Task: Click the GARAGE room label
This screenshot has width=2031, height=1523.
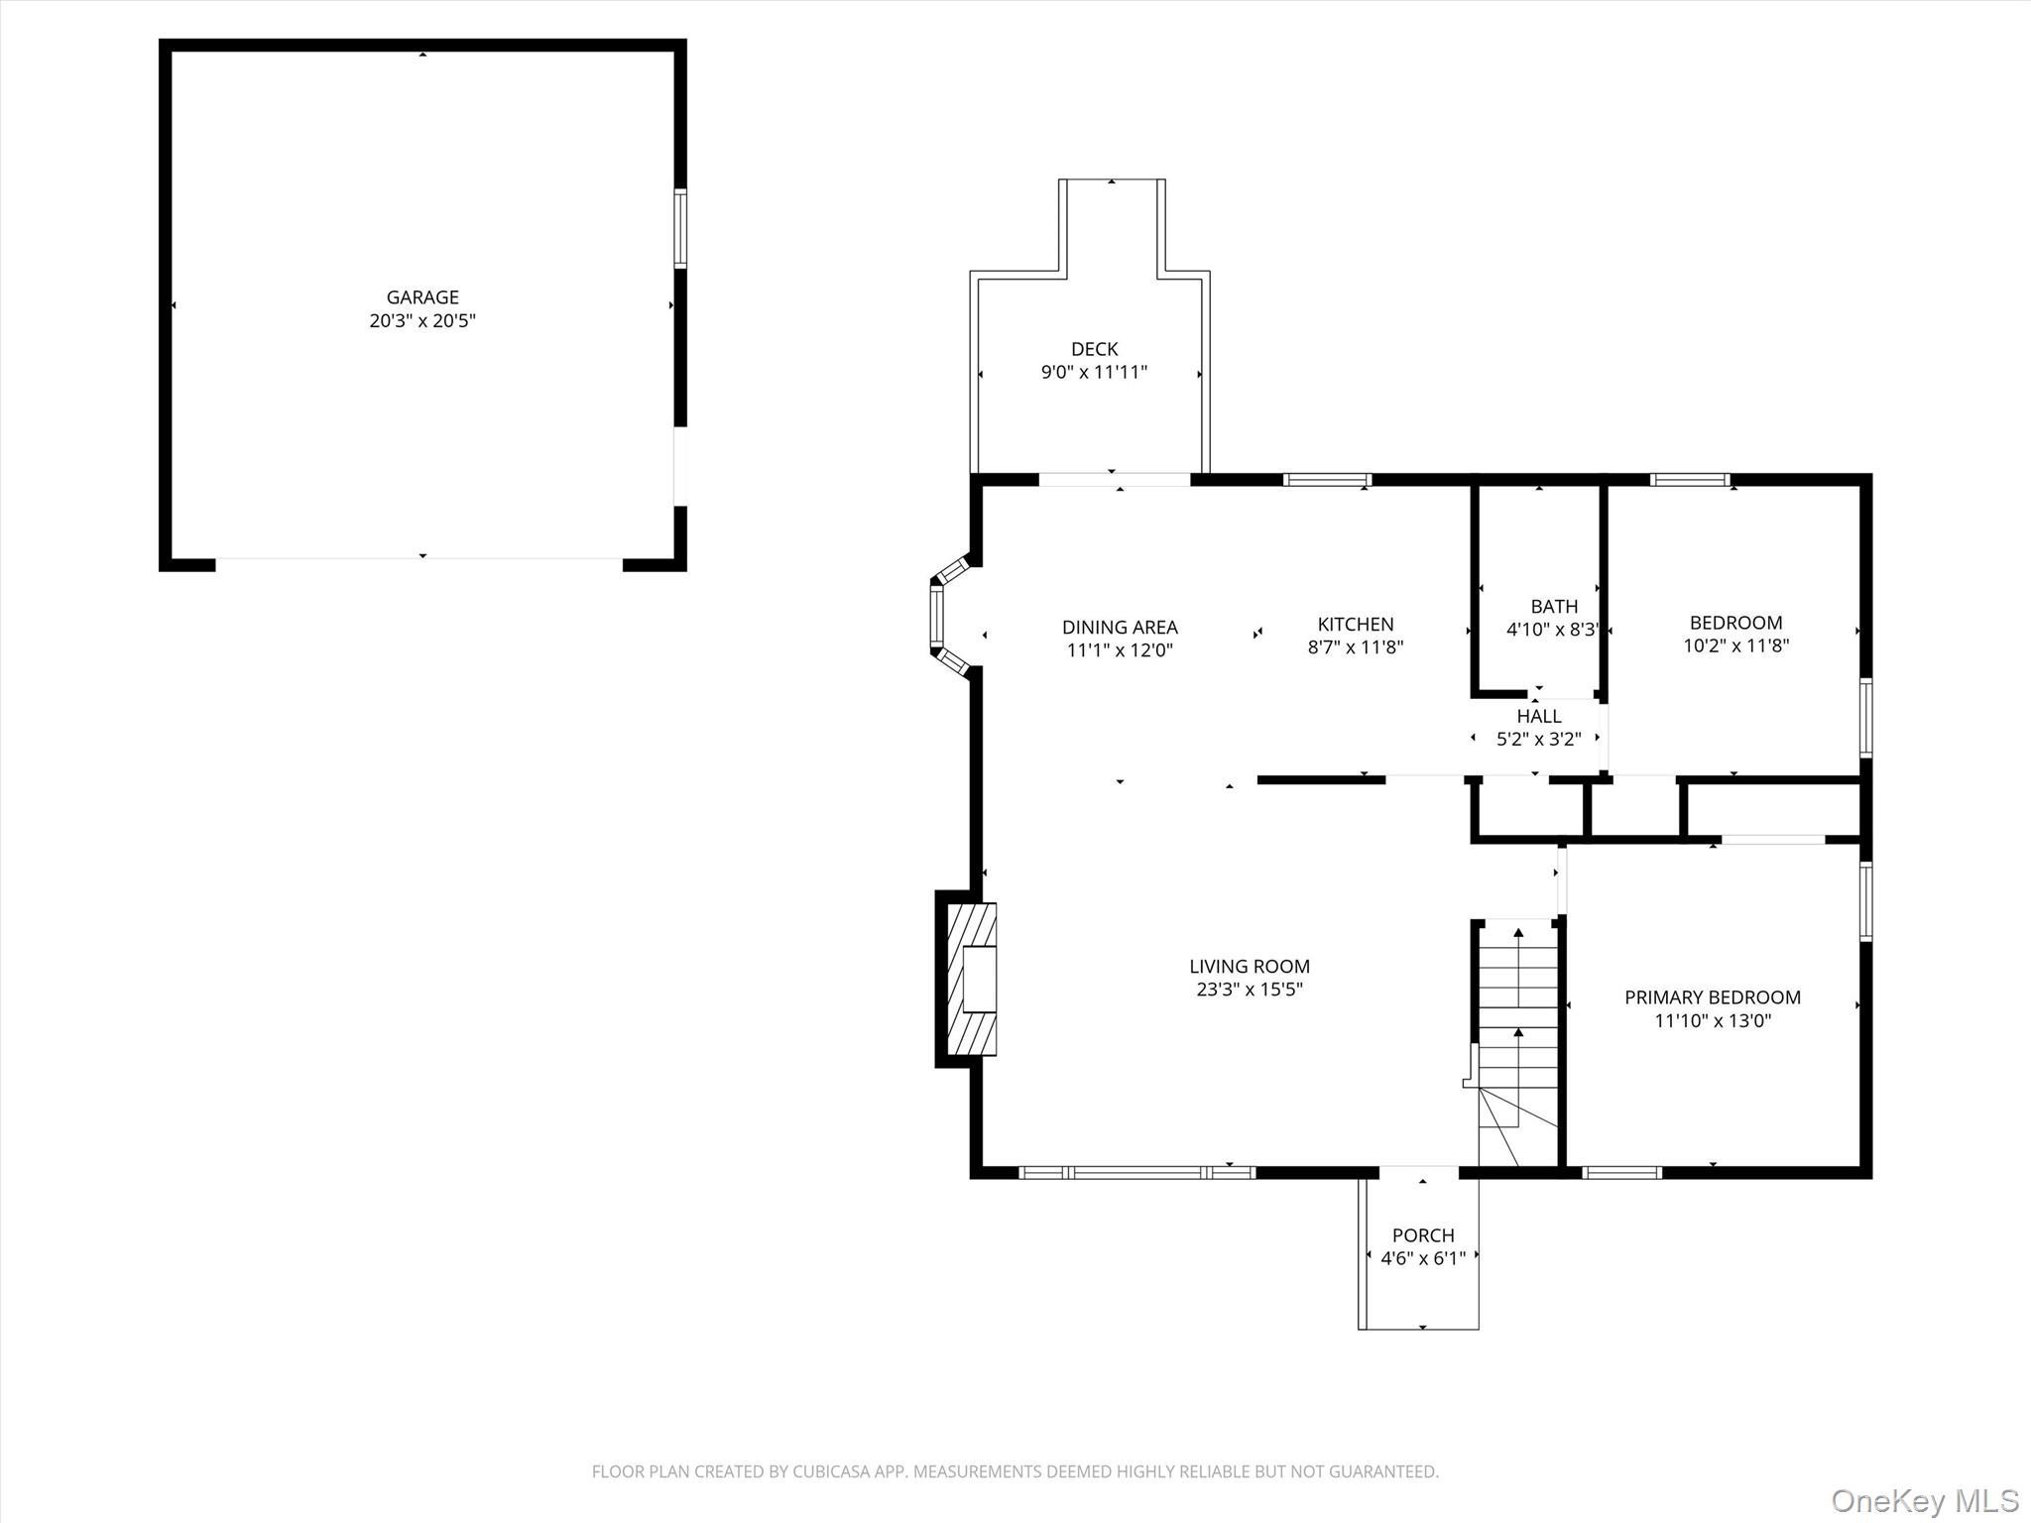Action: (422, 296)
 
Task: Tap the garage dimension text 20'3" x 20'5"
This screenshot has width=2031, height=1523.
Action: (422, 320)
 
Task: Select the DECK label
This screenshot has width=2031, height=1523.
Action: (1094, 349)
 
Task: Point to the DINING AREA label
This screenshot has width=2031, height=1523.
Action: (1120, 627)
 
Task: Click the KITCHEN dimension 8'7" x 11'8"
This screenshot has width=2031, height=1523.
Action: (1355, 647)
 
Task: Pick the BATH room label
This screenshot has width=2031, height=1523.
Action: (1553, 606)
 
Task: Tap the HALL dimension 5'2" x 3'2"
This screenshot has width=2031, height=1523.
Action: (1538, 738)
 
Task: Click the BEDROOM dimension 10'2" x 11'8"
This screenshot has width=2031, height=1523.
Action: (1735, 645)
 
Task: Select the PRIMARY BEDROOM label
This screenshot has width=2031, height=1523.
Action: (1712, 997)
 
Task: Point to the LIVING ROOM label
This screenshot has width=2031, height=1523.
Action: (1249, 966)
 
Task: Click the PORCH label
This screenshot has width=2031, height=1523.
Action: (1422, 1235)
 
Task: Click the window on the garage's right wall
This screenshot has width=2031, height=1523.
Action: (680, 228)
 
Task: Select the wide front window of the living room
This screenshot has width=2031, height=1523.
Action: (1137, 1172)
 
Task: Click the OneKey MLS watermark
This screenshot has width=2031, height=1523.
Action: (1924, 1500)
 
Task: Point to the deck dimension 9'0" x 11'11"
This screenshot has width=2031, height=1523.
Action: (1094, 373)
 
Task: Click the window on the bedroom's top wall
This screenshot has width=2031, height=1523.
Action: (1689, 480)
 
